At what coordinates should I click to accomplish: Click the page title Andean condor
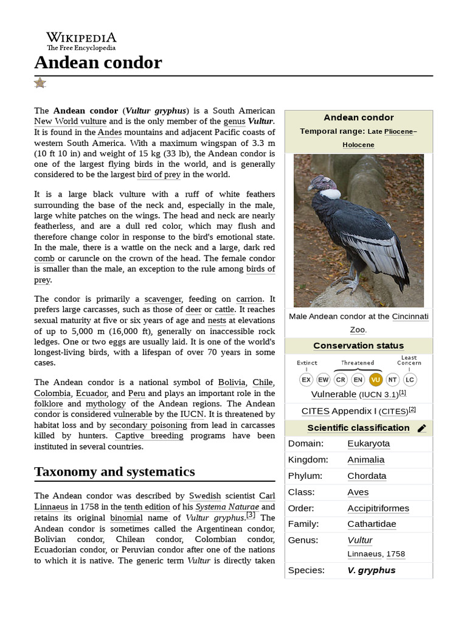coord(98,62)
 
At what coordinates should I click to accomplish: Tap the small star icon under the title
coord(40,83)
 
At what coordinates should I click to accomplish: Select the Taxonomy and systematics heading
coord(114,472)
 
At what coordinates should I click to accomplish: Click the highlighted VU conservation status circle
coord(375,380)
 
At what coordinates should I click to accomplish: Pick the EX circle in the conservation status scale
coord(306,380)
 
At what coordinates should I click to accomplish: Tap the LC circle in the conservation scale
coord(410,380)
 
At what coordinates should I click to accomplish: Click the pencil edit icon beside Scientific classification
coord(422,428)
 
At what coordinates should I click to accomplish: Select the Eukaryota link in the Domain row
coord(368,444)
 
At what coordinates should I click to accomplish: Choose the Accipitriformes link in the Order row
coord(378,508)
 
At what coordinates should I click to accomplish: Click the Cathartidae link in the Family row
coord(372,524)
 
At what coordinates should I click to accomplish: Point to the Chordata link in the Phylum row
coord(367,476)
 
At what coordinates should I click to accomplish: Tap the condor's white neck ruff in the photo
coord(331,194)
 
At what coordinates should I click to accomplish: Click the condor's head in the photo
coord(321,181)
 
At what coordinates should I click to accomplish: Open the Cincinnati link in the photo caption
coord(410,316)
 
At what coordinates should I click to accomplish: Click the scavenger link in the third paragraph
coord(163,299)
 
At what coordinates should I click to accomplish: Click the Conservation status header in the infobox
coord(358,346)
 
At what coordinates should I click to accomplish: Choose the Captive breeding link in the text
coord(149,436)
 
